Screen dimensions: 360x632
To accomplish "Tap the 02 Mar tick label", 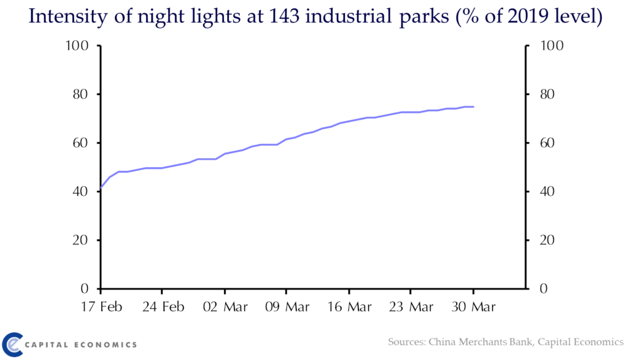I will (225, 307).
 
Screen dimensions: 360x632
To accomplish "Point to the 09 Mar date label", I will (288, 307).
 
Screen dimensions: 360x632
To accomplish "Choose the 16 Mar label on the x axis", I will (350, 307).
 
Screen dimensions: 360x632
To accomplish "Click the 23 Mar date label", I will (412, 307).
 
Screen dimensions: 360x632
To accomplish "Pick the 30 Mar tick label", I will (474, 307).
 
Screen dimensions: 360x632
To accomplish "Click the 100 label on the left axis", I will (78, 46).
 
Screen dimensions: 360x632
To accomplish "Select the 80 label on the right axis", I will (549, 94).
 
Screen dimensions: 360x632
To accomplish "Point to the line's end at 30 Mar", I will (473, 107).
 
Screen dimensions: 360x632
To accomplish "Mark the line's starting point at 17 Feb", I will (101, 188).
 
